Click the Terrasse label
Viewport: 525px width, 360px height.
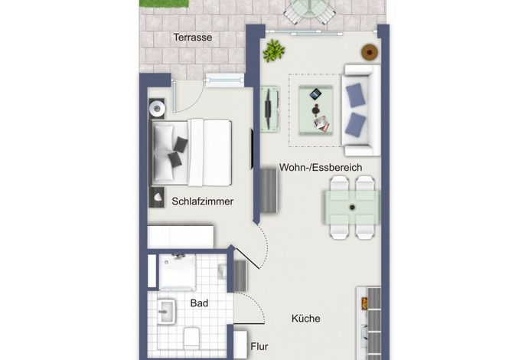193,38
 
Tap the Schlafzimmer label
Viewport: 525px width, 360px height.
202,201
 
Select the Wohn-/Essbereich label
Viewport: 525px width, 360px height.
321,167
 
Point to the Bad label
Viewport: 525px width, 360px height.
199,303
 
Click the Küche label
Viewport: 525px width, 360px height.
305,319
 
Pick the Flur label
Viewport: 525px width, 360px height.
259,346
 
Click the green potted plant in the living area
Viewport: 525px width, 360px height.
274,51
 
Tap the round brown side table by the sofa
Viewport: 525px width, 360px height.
370,52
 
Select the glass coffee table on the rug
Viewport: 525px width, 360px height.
316,110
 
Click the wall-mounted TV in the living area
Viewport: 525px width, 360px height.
268,110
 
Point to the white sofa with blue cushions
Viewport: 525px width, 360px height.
361,110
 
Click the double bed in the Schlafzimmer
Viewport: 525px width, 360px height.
191,152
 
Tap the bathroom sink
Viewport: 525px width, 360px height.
166,312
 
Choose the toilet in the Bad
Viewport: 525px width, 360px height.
191,338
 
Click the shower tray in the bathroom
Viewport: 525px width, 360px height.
177,272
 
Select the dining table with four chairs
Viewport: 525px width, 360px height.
351,208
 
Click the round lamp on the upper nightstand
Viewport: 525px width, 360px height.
157,108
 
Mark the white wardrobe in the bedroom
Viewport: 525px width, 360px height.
181,237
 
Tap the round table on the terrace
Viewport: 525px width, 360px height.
310,11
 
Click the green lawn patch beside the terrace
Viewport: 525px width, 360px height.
165,3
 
